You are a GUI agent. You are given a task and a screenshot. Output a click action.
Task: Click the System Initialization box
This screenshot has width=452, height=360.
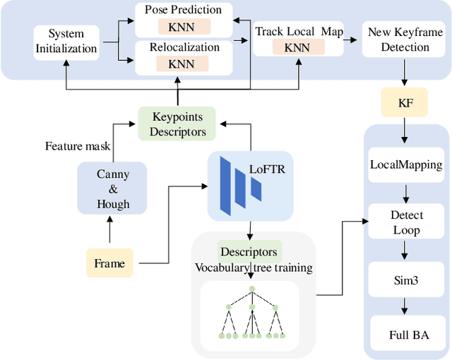(x=65, y=40)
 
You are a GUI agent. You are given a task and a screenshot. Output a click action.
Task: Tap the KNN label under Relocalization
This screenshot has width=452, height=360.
(x=182, y=64)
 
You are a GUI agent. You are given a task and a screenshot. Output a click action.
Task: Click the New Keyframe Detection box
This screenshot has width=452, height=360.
(x=405, y=40)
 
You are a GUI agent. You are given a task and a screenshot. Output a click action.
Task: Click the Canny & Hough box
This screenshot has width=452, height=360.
(x=113, y=188)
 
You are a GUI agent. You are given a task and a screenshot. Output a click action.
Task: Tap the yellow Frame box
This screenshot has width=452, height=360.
(x=109, y=263)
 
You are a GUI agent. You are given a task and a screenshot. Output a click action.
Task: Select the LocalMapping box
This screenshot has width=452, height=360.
(x=405, y=164)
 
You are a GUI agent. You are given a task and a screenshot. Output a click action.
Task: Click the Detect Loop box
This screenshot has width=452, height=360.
(x=405, y=222)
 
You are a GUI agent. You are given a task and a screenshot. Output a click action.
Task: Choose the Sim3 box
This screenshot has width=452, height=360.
(x=405, y=280)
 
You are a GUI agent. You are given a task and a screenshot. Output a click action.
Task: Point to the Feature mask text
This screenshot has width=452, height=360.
(x=78, y=146)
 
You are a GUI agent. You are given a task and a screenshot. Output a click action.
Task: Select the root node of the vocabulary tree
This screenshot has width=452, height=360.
(x=251, y=289)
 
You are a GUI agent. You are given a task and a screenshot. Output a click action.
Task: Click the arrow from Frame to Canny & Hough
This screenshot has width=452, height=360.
(x=110, y=232)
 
